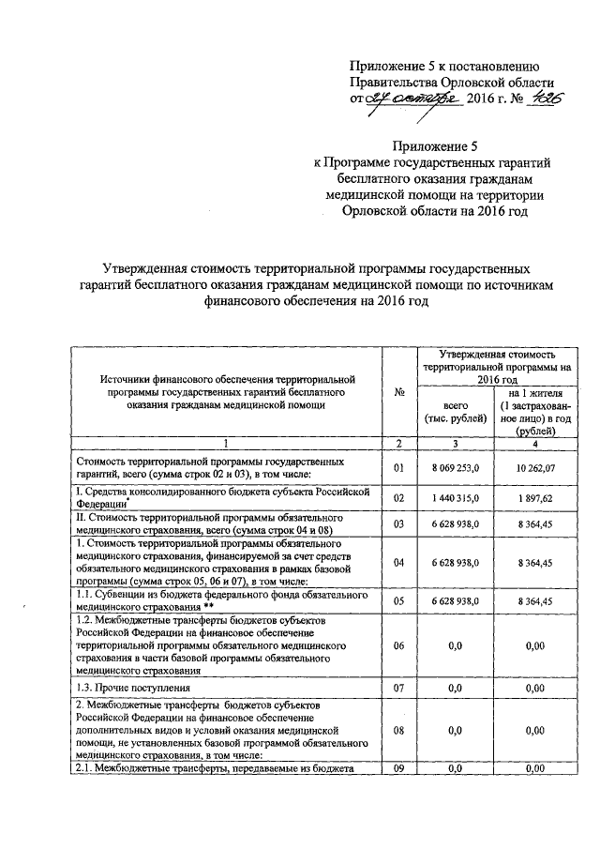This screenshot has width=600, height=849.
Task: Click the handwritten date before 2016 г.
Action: [414, 99]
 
